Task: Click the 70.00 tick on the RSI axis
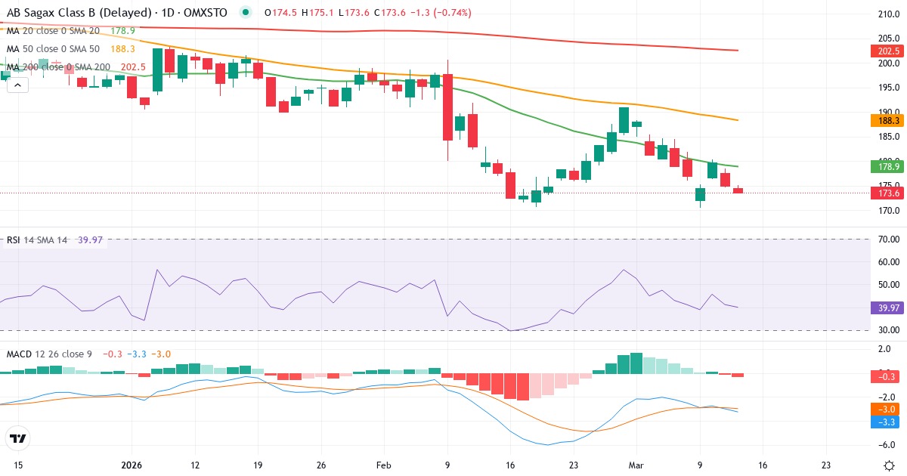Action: [889, 240]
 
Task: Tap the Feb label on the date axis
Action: [384, 465]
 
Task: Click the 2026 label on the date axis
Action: [132, 465]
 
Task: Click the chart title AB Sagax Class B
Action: [68, 13]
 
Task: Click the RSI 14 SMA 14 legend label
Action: [37, 240]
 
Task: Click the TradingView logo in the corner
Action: [18, 438]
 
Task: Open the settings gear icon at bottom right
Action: [889, 465]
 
